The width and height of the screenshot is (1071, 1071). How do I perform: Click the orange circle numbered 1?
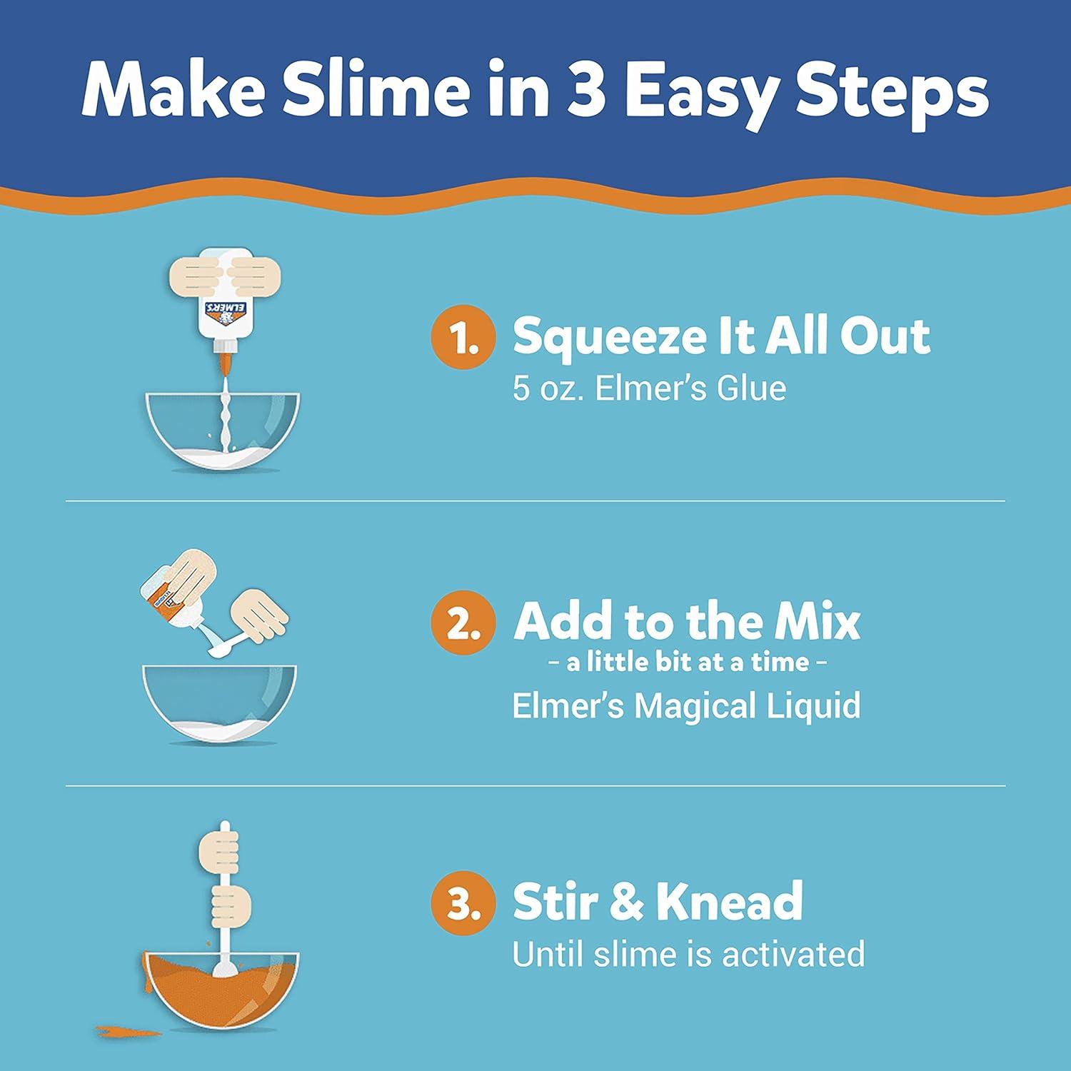click(463, 338)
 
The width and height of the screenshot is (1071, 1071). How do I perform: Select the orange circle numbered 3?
click(463, 902)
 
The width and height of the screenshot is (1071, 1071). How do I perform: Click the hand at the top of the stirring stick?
click(220, 846)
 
